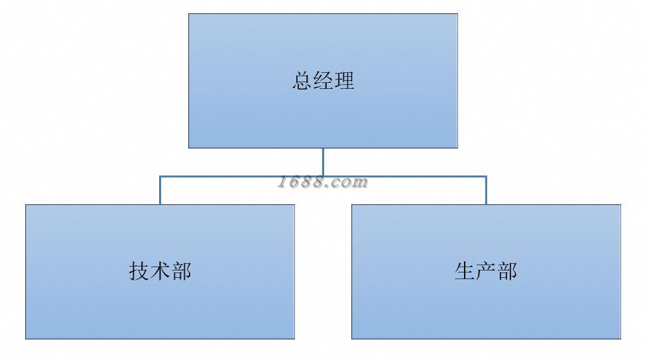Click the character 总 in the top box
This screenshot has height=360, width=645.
coord(302,81)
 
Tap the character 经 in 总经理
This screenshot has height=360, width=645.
coord(323,81)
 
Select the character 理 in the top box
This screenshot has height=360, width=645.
coord(344,81)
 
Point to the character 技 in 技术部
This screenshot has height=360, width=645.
coord(139,271)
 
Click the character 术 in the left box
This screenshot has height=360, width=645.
coord(160,271)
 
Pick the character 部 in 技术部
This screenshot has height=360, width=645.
coord(181,271)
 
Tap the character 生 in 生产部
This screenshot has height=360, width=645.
coord(465,271)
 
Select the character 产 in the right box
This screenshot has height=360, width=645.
coord(486,271)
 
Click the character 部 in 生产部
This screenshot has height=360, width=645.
coord(506,271)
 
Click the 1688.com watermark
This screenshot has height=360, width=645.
coord(323,182)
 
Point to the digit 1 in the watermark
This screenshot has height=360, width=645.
coord(284,182)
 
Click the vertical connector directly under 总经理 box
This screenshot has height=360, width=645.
coord(323,161)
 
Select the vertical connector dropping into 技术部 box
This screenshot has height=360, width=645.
coord(160,192)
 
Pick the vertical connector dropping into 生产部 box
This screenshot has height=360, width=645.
coord(486,192)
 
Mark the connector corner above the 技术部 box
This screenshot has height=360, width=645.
coord(160,176)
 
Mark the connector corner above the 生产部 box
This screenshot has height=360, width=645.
coord(486,176)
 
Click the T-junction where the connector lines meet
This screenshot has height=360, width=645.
coord(323,176)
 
